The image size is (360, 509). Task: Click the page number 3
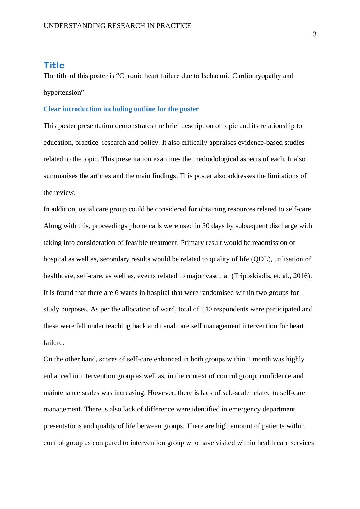click(x=314, y=34)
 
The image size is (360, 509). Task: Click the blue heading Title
click(x=54, y=66)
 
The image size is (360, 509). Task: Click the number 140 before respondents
click(x=206, y=309)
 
